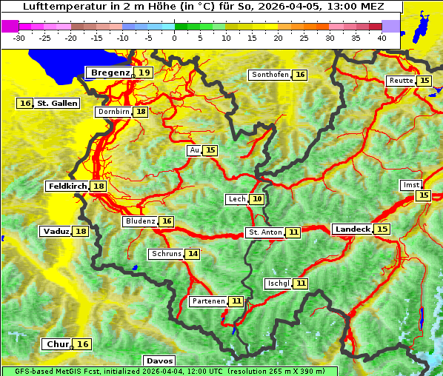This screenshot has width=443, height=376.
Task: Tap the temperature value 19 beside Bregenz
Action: pos(144,73)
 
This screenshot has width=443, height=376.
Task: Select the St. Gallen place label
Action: pos(57,103)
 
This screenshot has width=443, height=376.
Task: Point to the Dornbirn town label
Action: pos(113,112)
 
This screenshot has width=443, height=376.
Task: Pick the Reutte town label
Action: pos(401,81)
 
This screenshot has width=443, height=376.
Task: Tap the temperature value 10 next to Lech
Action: pos(257,199)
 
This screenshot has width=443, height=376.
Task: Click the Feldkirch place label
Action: pos(67,186)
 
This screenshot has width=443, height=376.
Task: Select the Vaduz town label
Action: pos(56,231)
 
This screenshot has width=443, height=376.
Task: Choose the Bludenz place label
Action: pos(141,221)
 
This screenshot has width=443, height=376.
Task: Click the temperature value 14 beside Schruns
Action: pos(193,254)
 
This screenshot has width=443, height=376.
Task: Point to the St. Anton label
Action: pos(264,232)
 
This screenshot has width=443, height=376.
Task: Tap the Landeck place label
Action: pos(352,229)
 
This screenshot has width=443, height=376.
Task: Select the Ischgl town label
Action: pos(278,283)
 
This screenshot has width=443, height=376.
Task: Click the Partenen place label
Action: pos(207,301)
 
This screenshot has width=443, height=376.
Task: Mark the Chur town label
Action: pos(57,344)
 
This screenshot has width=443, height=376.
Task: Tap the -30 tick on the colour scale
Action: pos(19,37)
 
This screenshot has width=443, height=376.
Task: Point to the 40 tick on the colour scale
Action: pos(382,37)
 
